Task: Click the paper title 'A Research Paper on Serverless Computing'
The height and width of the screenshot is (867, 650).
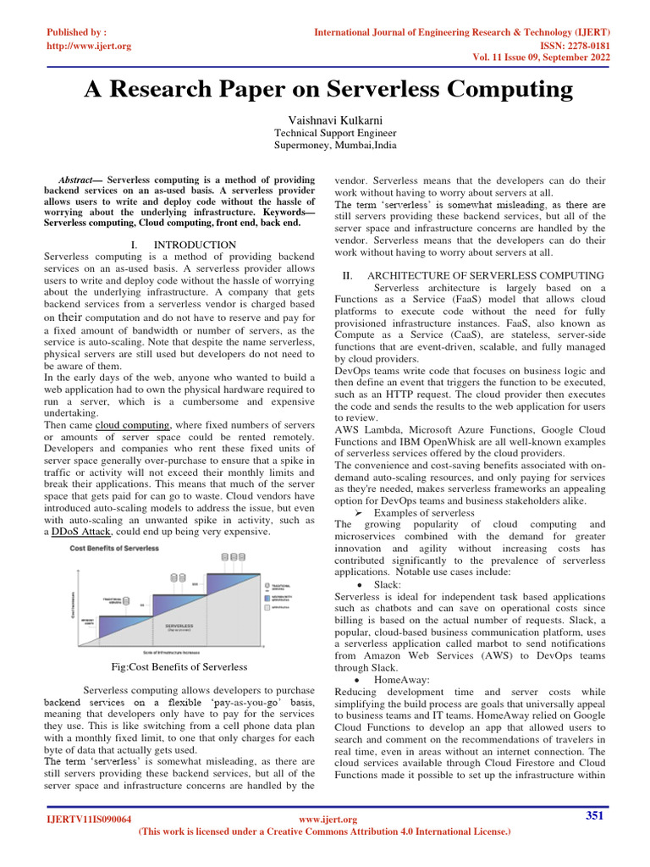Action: (328, 89)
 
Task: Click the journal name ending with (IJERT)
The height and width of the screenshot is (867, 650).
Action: (462, 32)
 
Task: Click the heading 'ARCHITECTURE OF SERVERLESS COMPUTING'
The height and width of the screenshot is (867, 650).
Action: (485, 276)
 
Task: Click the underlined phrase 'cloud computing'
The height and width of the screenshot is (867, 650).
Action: (132, 424)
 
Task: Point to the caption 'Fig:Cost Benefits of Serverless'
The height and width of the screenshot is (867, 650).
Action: (179, 667)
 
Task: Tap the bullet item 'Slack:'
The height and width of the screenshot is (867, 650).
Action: (388, 584)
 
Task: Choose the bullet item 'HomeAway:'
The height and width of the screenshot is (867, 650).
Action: (401, 679)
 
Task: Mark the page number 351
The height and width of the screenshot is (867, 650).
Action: (595, 815)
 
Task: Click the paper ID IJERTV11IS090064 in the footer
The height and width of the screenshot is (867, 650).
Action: (89, 820)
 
